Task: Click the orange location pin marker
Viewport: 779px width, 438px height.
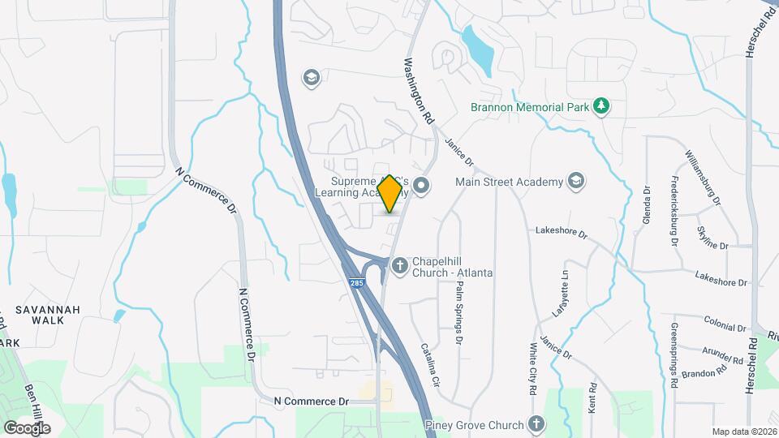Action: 389,194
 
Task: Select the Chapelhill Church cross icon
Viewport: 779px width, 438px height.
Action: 399,265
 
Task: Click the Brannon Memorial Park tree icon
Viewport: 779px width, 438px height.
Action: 600,106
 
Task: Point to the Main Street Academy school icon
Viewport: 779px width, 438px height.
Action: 576,181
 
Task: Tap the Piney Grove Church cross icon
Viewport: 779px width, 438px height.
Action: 536,423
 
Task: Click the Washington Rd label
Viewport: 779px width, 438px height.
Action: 419,90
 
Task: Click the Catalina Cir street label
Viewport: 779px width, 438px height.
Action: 429,363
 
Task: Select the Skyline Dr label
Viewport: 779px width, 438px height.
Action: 712,236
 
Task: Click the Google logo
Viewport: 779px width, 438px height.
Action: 27,427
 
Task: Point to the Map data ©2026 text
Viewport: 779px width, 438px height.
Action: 743,432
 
